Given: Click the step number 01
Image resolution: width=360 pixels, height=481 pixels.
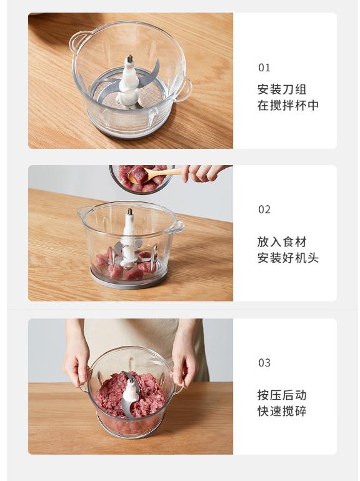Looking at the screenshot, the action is [264, 68].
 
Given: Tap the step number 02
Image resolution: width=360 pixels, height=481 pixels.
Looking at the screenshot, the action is [264, 210].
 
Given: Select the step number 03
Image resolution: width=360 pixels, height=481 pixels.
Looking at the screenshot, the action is [264, 363].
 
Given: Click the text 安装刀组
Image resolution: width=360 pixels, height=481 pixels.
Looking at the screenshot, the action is [282, 89].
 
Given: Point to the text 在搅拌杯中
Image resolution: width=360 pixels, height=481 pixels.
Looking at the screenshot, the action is [288, 105].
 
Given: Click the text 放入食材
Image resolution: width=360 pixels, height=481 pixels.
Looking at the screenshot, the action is [282, 242].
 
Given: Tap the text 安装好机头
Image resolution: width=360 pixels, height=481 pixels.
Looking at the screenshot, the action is [288, 258].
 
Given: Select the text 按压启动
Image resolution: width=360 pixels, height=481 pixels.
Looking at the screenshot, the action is [282, 395].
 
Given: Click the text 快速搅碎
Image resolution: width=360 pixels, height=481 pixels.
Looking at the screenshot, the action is [282, 411].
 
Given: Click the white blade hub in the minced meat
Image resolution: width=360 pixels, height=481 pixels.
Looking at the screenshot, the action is [130, 390].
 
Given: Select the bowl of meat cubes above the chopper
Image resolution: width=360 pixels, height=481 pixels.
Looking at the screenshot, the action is [142, 179].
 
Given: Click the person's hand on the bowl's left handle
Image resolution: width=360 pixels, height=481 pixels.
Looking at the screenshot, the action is [77, 365].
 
